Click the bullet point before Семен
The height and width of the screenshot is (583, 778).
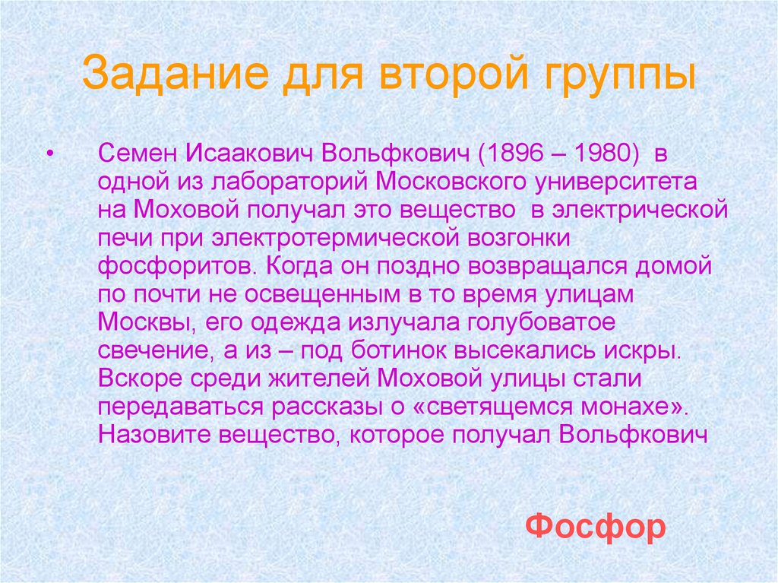click(x=50, y=154)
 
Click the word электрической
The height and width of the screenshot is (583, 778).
click(x=640, y=210)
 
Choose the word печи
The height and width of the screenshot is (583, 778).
click(x=122, y=238)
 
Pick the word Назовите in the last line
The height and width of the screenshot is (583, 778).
click(x=155, y=435)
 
